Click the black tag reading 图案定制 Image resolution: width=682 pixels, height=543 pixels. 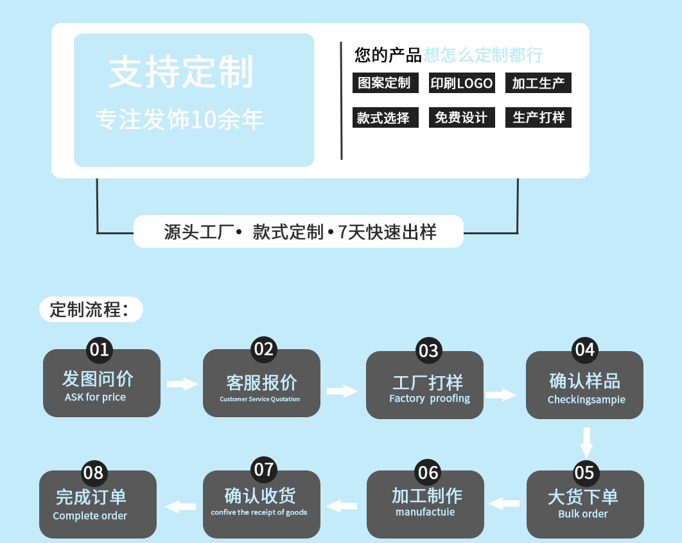[385, 83]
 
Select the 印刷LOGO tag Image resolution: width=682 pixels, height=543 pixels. [462, 83]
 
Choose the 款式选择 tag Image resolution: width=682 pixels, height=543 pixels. [385, 117]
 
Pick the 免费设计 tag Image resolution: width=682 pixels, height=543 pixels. [462, 117]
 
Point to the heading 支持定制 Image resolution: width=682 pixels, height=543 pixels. [181, 72]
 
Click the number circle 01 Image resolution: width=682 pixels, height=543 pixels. [99, 350]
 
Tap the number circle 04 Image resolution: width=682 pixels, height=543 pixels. [584, 350]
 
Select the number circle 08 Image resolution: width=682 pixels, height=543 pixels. [93, 473]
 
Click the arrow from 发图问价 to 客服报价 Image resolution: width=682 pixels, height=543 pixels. [182, 384]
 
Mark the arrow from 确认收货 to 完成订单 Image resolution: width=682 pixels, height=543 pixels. [181, 506]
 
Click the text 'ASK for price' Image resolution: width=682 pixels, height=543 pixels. [95, 397]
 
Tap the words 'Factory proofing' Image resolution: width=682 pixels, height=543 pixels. [430, 399]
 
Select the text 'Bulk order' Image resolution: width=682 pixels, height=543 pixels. [582, 514]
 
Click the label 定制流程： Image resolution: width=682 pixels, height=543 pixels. [89, 310]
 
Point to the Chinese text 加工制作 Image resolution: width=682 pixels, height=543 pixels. [426, 496]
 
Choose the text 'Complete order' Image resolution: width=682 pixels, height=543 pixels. [90, 516]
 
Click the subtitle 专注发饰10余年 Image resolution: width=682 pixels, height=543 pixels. [179, 119]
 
